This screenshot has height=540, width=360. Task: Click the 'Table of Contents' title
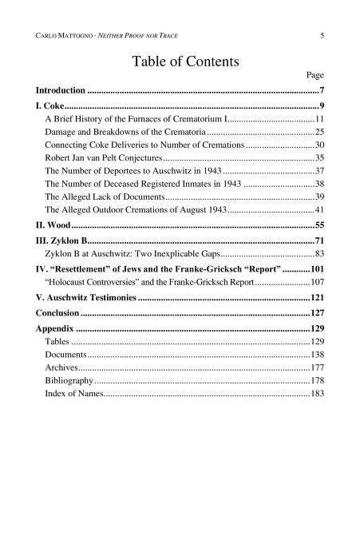click(180, 60)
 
